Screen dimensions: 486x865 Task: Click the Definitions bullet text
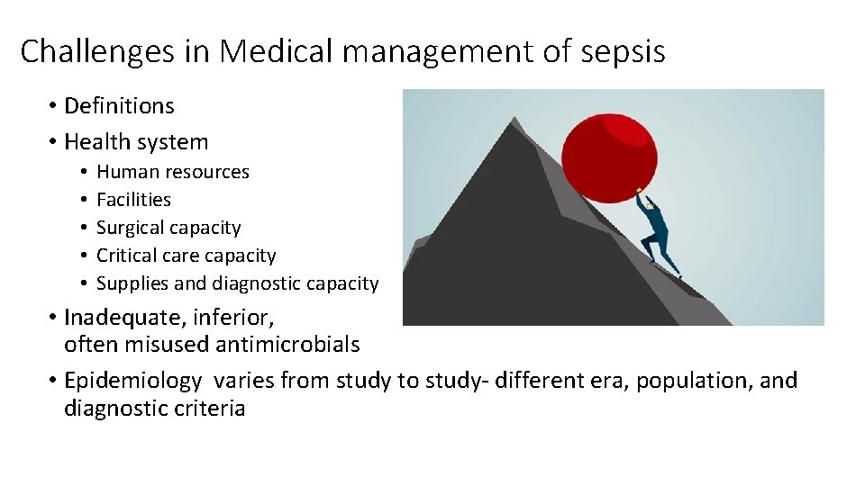[x=119, y=106]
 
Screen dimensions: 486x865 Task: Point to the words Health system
[x=136, y=142]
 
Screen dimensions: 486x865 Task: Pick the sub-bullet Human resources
[x=173, y=172]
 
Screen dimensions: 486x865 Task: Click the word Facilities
[x=133, y=200]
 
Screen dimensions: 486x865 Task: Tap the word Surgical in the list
[x=131, y=228]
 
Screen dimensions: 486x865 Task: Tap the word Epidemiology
[x=133, y=381]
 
